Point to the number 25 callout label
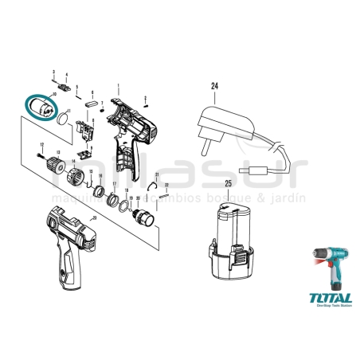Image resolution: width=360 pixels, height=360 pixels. pos(228,184)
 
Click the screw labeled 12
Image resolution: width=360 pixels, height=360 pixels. pos(40,157)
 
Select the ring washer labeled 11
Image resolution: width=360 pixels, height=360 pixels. pos(61,119)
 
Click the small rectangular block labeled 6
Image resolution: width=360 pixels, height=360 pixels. pos(92,104)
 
